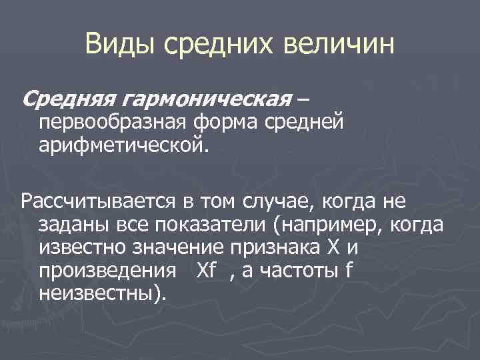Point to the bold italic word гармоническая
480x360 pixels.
(205, 100)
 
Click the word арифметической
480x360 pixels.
(123, 144)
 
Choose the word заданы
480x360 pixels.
(71, 225)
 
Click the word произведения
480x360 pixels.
(106, 271)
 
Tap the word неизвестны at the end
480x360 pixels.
(99, 294)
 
